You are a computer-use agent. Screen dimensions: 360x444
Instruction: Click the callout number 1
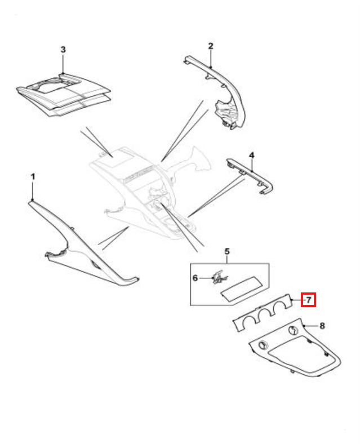coord(33,177)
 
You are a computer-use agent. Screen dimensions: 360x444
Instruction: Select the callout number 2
coord(211,46)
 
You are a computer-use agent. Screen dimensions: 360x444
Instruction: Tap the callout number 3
coord(63,50)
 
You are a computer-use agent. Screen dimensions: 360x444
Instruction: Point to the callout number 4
coord(252,155)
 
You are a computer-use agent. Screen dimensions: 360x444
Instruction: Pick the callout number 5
coord(227,251)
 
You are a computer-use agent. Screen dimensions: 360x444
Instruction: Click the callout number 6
coord(195,278)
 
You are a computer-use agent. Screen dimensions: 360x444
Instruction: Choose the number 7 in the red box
coord(309,300)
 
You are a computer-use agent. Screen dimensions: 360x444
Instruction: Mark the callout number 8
coord(322,326)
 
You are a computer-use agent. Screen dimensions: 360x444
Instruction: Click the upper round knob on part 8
coord(293,330)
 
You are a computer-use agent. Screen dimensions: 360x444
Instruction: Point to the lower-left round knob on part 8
coord(264,345)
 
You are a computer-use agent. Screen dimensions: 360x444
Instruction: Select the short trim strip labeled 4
coord(250,176)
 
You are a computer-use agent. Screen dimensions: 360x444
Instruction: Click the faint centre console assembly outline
coord(150,193)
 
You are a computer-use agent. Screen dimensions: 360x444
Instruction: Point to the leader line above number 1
coord(33,191)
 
